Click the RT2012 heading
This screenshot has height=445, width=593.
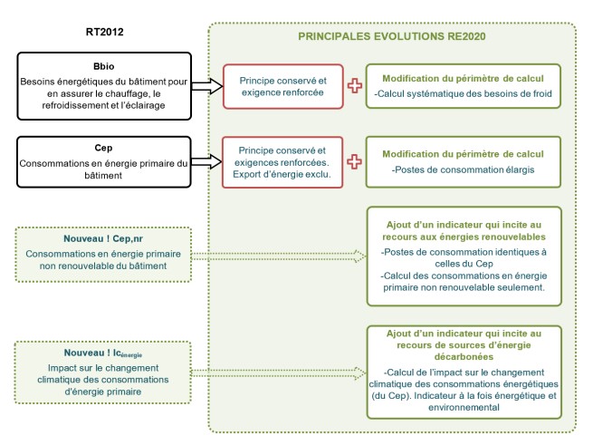point(105,32)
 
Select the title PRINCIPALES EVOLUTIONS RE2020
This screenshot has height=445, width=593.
point(392,36)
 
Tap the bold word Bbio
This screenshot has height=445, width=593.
point(103,66)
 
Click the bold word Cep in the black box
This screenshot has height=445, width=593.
point(103,148)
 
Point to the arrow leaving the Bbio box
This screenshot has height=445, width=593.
point(206,86)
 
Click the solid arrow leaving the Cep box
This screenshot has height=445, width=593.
point(206,162)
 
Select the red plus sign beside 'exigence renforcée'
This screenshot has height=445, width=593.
point(355,85)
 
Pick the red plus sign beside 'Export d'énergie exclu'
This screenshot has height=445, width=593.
point(354,161)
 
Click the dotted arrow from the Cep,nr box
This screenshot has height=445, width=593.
point(279,256)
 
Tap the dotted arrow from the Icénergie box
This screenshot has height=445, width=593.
point(279,373)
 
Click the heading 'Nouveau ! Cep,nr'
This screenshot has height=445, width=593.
point(103,238)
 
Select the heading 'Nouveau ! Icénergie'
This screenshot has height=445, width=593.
point(103,353)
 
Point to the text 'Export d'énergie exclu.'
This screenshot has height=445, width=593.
point(282,174)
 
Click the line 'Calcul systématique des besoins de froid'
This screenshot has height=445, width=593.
point(463,93)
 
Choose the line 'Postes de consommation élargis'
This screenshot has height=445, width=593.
point(463,169)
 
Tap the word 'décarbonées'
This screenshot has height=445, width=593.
point(464,357)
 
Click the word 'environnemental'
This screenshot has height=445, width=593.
point(464,408)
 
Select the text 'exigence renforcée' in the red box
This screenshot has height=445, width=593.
point(282,92)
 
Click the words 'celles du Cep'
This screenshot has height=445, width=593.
point(464,264)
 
